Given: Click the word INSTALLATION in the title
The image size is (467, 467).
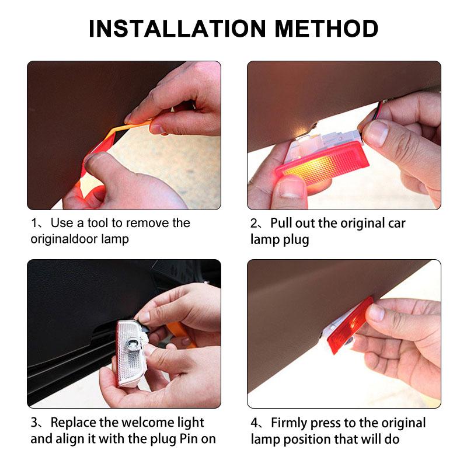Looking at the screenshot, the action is [x=177, y=29].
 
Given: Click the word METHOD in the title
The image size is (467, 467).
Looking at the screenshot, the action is [x=326, y=29].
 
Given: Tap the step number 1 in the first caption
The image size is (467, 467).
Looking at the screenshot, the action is [x=34, y=223].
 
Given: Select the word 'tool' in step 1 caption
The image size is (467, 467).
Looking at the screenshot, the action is [x=97, y=223].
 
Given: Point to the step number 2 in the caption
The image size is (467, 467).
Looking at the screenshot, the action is [x=254, y=224].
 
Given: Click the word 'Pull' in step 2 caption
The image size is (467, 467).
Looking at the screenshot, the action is [x=281, y=223].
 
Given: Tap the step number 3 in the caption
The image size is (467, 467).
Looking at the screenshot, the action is [x=34, y=423].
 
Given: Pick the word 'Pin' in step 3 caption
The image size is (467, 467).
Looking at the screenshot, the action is [x=188, y=439].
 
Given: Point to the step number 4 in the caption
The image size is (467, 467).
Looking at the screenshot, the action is [x=255, y=423].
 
